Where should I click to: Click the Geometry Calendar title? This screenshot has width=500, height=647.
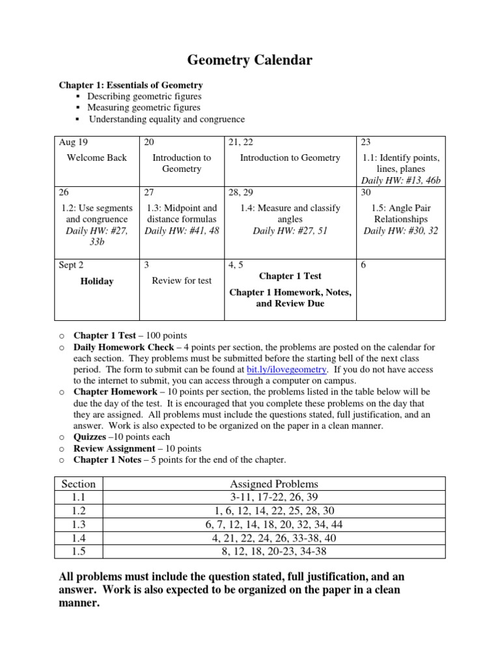(250, 61)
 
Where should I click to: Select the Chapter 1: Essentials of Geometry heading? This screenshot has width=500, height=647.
(130, 85)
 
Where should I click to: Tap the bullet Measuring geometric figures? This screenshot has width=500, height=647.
(144, 107)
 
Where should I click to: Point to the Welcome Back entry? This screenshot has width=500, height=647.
(96, 158)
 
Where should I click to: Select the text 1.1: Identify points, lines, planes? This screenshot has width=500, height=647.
(400, 163)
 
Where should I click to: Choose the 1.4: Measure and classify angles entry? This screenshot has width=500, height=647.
(290, 213)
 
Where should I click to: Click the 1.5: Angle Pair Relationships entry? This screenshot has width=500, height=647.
(400, 213)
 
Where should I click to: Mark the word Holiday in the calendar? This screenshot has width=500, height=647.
(96, 281)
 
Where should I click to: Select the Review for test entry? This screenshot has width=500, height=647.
(181, 281)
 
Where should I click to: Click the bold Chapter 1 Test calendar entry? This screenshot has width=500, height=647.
(290, 277)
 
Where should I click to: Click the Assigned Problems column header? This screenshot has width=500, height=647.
(274, 484)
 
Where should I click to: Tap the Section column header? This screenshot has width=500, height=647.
(78, 484)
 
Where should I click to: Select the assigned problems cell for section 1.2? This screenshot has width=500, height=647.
(274, 511)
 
